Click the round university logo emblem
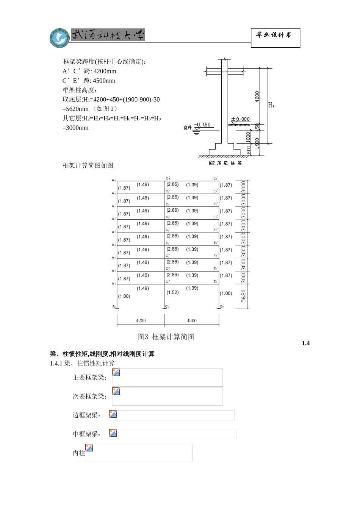click(59, 37)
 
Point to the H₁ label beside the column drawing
click(271, 105)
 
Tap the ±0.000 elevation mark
click(241, 119)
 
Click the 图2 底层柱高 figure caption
click(225, 163)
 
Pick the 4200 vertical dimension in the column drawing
click(257, 96)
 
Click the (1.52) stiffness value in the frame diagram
click(172, 292)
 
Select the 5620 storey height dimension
click(243, 296)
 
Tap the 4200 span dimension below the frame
click(141, 321)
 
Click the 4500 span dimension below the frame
click(192, 321)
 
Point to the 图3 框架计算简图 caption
click(166, 337)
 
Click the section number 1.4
click(306, 343)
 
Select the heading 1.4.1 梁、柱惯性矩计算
click(82, 363)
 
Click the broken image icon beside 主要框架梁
click(116, 373)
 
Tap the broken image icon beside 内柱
click(89, 448)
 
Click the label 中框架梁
click(87, 434)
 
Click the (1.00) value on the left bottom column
click(124, 296)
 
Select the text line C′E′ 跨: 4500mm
click(89, 81)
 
